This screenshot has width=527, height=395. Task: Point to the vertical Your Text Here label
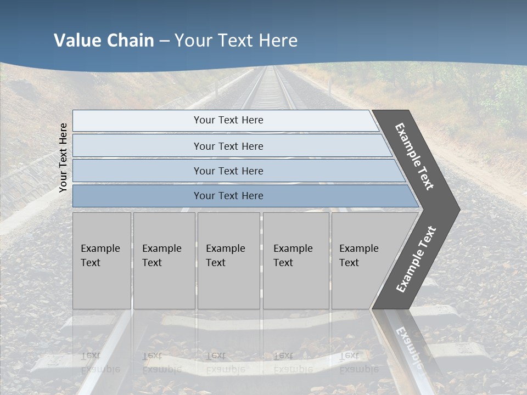(63, 157)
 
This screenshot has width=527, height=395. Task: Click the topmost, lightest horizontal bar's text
(228, 120)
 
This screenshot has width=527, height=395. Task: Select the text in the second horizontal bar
(228, 146)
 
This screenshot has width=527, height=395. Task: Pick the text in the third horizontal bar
(228, 171)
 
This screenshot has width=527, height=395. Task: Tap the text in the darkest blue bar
(228, 196)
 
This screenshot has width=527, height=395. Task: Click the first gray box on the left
(102, 261)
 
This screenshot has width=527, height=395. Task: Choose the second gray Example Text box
(164, 261)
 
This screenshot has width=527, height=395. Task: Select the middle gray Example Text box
(228, 261)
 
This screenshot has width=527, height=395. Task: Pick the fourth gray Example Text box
(295, 261)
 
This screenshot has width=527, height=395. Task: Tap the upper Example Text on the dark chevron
(414, 156)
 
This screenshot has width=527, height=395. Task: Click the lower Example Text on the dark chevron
(416, 259)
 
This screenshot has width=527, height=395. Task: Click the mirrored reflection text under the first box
(100, 363)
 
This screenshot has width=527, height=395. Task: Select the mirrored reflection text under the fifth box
(358, 363)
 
